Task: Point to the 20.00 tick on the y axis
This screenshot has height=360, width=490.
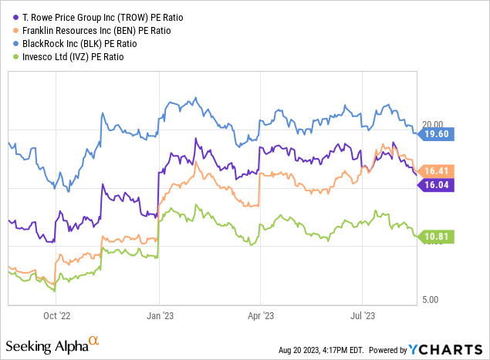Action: click(x=435, y=123)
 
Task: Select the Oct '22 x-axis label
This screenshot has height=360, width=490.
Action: click(x=57, y=315)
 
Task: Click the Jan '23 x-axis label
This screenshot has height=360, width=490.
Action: click(x=159, y=315)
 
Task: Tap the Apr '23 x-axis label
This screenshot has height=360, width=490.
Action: click(x=259, y=315)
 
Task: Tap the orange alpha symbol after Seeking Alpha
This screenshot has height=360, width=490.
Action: click(x=93, y=340)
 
